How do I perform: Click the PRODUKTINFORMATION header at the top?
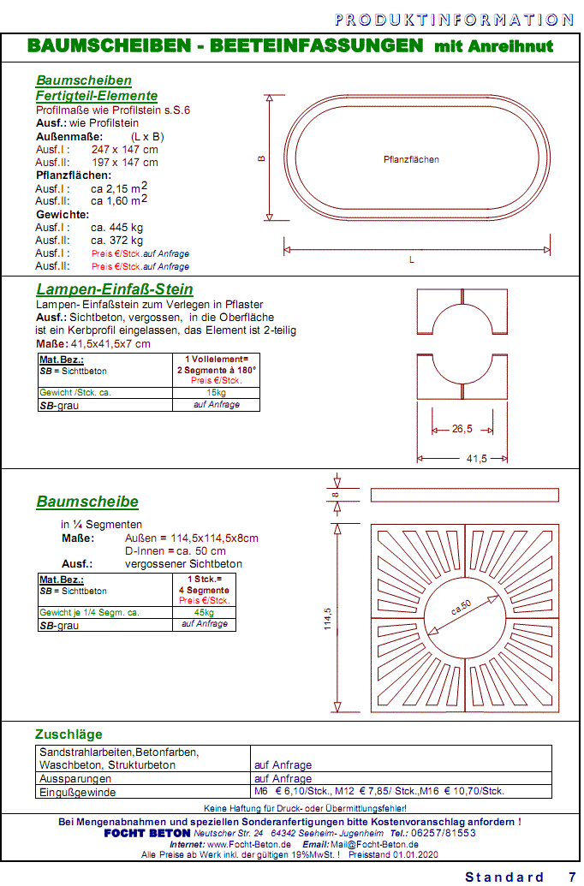click(454, 19)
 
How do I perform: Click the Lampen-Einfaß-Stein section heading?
click(115, 289)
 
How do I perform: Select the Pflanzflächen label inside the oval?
click(411, 159)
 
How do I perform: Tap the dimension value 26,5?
click(462, 429)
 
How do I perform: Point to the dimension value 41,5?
click(476, 459)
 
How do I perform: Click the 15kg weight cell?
click(216, 392)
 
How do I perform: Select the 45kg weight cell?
click(204, 612)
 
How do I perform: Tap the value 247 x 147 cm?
click(125, 149)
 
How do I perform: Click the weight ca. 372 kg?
click(117, 240)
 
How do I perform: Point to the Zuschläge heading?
click(69, 734)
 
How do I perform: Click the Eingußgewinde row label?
click(76, 792)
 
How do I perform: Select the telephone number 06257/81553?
click(445, 833)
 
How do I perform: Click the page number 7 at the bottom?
click(571, 877)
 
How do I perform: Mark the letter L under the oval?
click(411, 259)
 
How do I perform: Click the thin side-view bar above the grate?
click(464, 495)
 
